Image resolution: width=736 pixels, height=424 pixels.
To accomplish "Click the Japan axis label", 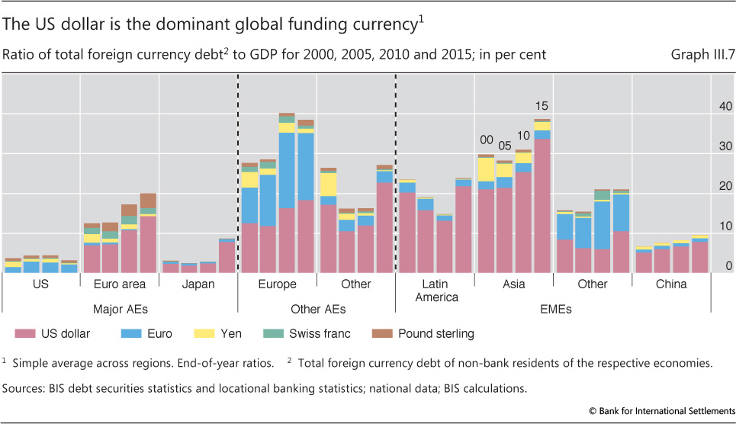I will point(198,284).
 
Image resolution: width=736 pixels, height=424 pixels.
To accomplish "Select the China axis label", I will point(671,284).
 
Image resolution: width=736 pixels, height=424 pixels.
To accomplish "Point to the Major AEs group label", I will point(120,309).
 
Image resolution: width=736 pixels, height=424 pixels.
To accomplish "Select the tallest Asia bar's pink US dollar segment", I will point(542,206).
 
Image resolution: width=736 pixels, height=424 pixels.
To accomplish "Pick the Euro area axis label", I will point(120,284).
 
